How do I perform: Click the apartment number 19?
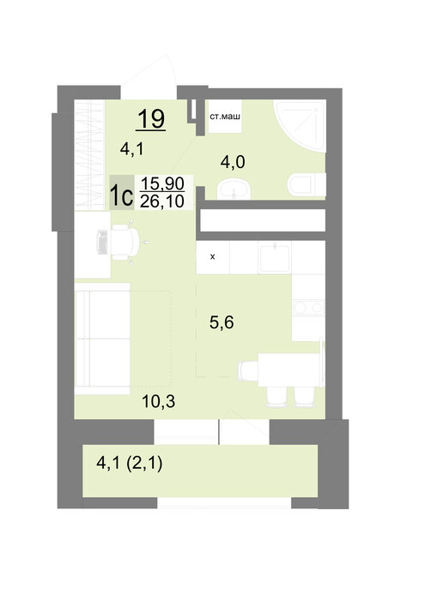pyautogui.click(x=151, y=118)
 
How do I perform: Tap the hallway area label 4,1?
pyautogui.click(x=132, y=149)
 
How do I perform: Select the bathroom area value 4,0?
pyautogui.click(x=233, y=162)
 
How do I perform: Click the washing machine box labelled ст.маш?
pyautogui.click(x=225, y=117)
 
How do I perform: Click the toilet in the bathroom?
pyautogui.click(x=307, y=185)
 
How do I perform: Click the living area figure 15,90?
pyautogui.click(x=162, y=183)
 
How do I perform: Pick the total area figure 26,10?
pyautogui.click(x=162, y=201)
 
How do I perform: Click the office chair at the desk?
pyautogui.click(x=126, y=243)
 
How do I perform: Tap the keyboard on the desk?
pyautogui.click(x=102, y=242)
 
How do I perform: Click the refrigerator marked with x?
pyautogui.click(x=213, y=257)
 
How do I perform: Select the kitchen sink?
pyautogui.click(x=275, y=258)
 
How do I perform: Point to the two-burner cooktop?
pyautogui.click(x=308, y=308)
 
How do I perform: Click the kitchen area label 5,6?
pyautogui.click(x=222, y=322)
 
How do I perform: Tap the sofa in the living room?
pyautogui.click(x=103, y=339)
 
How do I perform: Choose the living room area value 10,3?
pyautogui.click(x=158, y=401)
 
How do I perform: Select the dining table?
pyautogui.click(x=290, y=369)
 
